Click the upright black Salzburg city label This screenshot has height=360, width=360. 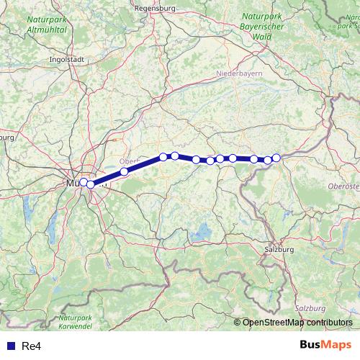(x=279, y=248)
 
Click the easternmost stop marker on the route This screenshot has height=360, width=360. (x=276, y=158)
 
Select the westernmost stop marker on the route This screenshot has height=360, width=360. (x=84, y=182)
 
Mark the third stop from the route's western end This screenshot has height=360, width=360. (x=125, y=171)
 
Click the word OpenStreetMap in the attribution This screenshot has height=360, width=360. (x=274, y=323)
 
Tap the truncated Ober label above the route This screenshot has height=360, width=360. (x=130, y=161)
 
